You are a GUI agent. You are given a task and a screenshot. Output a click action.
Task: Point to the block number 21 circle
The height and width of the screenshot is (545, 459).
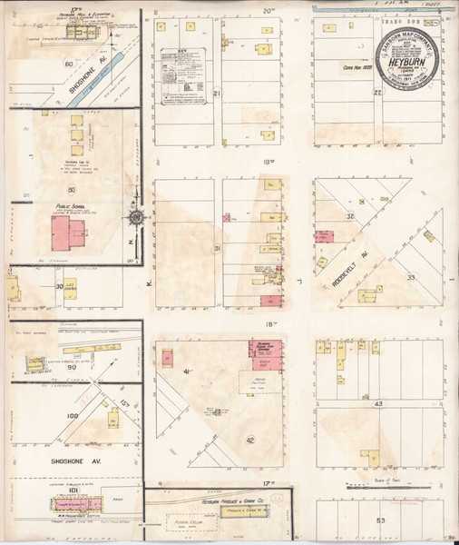(x=217, y=93)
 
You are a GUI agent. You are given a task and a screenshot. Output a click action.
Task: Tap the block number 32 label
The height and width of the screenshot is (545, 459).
(x=350, y=216)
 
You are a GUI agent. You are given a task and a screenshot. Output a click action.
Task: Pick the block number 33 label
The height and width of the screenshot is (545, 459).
(x=410, y=276)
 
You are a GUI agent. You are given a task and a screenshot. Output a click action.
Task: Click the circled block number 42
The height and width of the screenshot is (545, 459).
(x=249, y=441)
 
